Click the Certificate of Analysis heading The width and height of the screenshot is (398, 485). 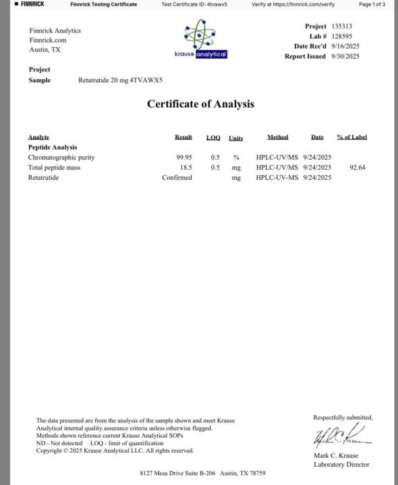(x=200, y=104)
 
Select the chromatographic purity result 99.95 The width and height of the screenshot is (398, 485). (x=183, y=157)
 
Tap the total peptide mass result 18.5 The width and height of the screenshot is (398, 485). (x=186, y=167)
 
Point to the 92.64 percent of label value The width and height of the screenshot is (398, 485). (x=358, y=167)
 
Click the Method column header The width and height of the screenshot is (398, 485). (x=277, y=137)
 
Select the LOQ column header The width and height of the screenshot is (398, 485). (x=213, y=137)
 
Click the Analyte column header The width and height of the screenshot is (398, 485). (x=38, y=137)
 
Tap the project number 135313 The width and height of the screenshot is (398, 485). (x=342, y=26)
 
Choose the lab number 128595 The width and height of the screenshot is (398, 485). (x=342, y=36)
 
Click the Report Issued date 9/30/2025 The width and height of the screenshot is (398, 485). (x=345, y=57)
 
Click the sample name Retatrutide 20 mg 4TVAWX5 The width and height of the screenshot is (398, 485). (x=120, y=80)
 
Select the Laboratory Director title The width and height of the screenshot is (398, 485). (x=341, y=464)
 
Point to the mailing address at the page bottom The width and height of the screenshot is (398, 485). (x=202, y=474)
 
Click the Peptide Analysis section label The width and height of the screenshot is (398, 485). (x=53, y=147)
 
